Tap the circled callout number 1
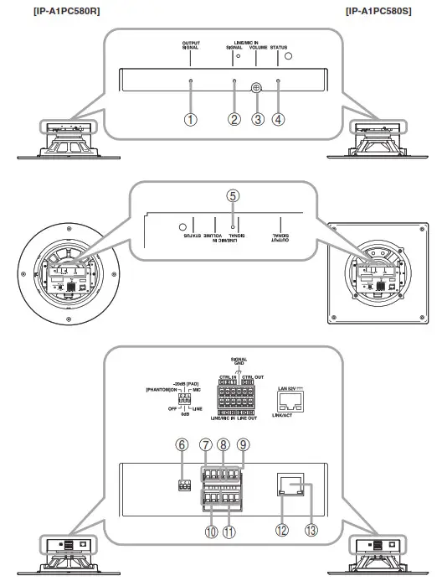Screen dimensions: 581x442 (x=191, y=119)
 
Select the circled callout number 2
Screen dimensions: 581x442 (x=234, y=119)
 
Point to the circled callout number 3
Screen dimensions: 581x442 (x=258, y=119)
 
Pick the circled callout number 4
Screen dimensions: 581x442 (x=279, y=119)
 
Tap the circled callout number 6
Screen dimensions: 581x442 (x=182, y=447)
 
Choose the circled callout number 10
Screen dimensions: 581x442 (x=207, y=530)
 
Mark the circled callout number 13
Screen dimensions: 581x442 (x=311, y=530)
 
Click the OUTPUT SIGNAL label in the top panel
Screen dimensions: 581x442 (x=191, y=46)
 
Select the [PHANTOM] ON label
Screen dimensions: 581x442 (x=162, y=390)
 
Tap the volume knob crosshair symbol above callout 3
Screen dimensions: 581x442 (x=258, y=86)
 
